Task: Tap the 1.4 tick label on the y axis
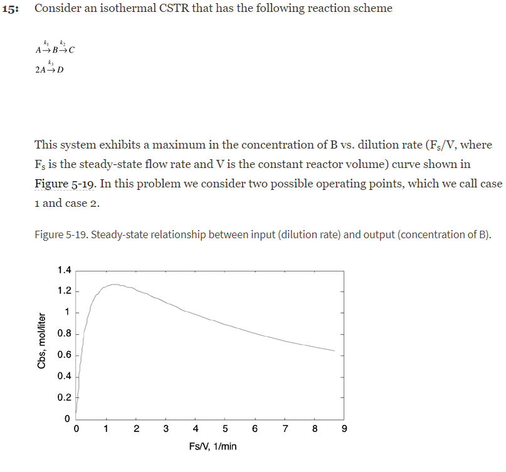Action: pyautogui.click(x=64, y=271)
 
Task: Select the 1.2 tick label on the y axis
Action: pyautogui.click(x=64, y=291)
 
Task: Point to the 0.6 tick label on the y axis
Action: pyautogui.click(x=64, y=355)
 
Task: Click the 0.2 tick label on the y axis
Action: pyautogui.click(x=64, y=398)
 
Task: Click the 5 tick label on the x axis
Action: pyautogui.click(x=225, y=429)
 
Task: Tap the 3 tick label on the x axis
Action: pyautogui.click(x=166, y=429)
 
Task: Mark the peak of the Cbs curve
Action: pyautogui.click(x=115, y=285)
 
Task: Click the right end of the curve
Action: pyautogui.click(x=335, y=350)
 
